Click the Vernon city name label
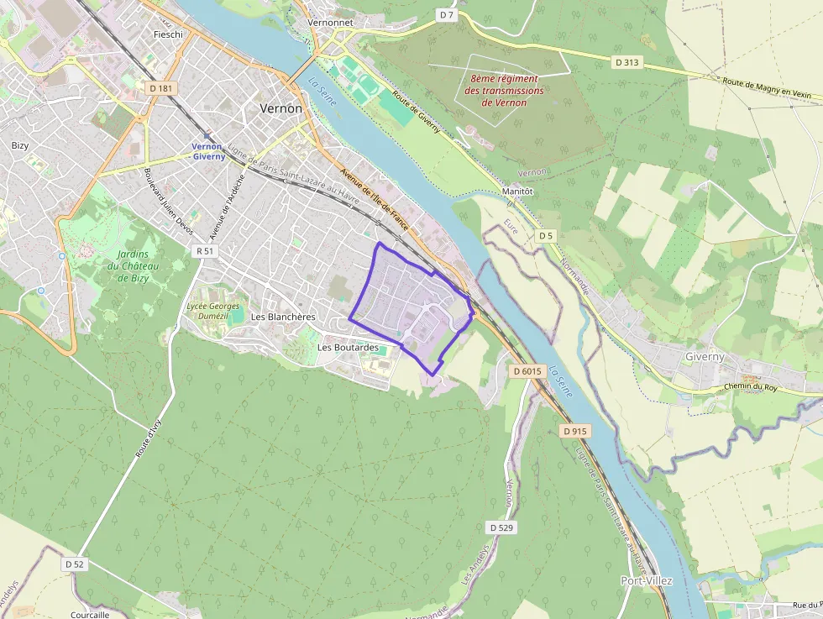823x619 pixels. point(280,108)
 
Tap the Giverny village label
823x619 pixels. point(704,356)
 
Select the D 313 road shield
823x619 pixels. point(626,62)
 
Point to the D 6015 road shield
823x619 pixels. point(527,370)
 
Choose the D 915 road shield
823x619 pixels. point(575,430)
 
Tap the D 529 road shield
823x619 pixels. point(501,527)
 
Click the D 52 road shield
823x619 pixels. point(75,564)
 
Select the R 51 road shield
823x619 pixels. point(204,250)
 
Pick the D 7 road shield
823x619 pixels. point(446,14)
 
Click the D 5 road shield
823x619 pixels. point(547,235)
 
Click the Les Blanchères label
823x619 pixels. point(283,317)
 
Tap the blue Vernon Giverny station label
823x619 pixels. point(208,151)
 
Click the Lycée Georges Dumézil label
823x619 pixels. point(213,312)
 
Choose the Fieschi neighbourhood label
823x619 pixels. point(168,34)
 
